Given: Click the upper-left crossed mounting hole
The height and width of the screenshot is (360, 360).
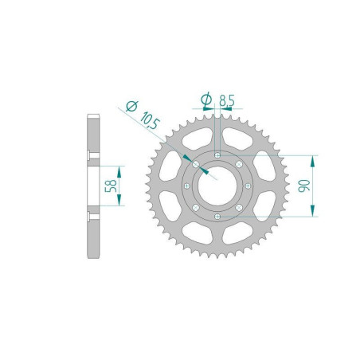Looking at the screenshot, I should pyautogui.click(x=195, y=163).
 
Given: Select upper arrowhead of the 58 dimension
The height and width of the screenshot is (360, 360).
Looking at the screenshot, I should pyautogui.click(x=120, y=170).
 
